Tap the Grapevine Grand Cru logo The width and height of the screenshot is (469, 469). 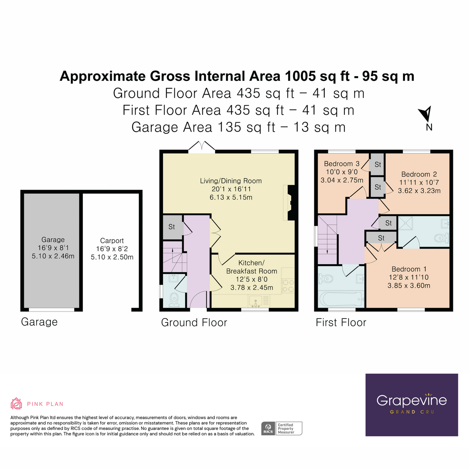pos(412,405)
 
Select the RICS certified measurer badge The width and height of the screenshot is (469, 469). pos(281,428)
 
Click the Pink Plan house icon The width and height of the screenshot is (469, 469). pos(16,403)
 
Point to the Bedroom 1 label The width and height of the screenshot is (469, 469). pos(409,269)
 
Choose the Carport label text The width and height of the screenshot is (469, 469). pos(112,241)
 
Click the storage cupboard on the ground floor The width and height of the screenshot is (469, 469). pos(172,227)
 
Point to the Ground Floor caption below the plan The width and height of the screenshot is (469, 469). pos(194,322)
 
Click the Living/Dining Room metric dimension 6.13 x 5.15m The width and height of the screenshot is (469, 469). pos(231,197)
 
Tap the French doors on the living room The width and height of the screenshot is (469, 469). pos(201,147)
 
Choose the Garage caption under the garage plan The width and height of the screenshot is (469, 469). pos(39,322)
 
